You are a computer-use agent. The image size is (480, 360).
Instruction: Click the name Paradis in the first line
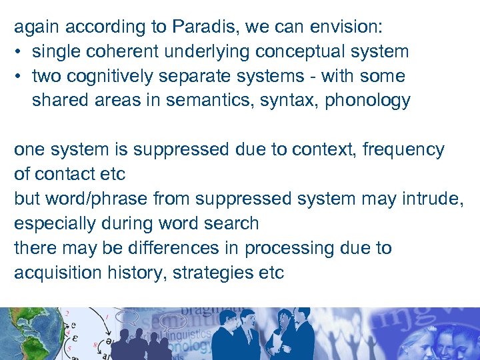[x=209, y=27]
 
